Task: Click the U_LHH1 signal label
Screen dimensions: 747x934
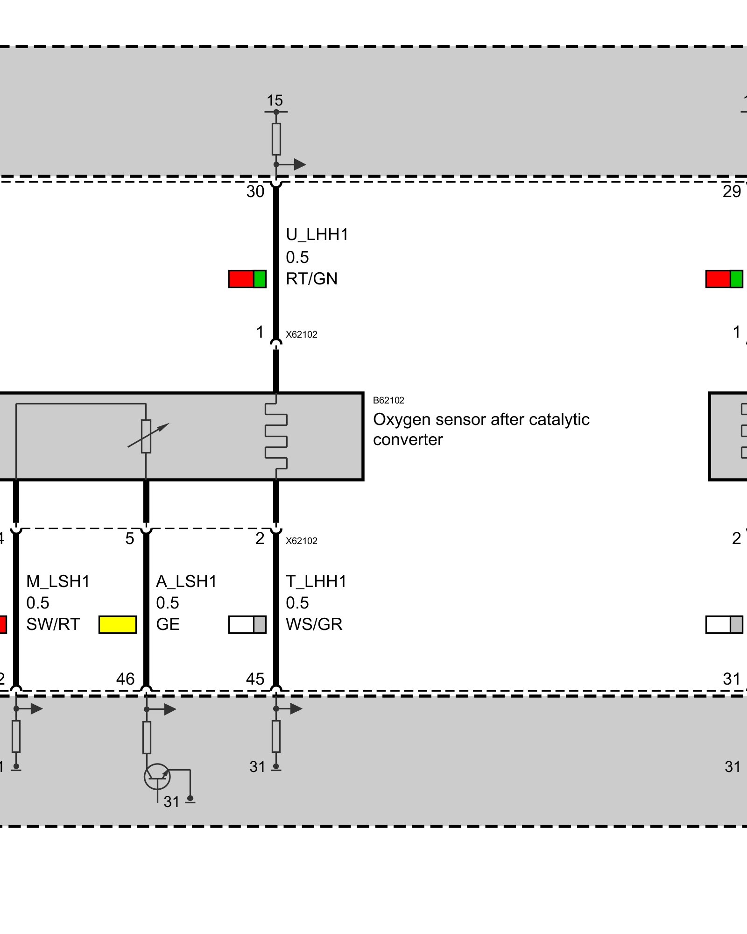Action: [317, 234]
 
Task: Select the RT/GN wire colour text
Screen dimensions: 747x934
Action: [311, 279]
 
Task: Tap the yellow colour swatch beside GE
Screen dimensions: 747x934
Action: [118, 624]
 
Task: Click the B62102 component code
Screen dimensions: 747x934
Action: [388, 400]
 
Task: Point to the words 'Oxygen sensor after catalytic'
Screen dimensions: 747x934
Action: [481, 419]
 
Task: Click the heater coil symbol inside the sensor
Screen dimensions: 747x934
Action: [276, 436]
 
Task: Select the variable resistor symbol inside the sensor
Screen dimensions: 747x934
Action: [147, 436]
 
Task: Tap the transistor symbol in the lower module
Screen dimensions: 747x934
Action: [157, 777]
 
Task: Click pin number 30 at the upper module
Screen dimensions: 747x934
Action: [255, 191]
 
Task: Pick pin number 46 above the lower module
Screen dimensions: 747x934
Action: [125, 679]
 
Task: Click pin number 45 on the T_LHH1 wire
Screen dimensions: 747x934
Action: [255, 679]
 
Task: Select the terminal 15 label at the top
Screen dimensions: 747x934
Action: [275, 100]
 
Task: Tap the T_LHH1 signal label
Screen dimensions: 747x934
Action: [316, 581]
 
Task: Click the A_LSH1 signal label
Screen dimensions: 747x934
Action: [186, 581]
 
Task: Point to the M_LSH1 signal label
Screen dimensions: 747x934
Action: [58, 581]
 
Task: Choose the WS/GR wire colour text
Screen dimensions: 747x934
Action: [314, 624]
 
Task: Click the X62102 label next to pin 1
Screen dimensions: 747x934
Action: [302, 334]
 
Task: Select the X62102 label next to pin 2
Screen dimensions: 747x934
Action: [302, 541]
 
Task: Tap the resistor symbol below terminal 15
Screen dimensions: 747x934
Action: [276, 139]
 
